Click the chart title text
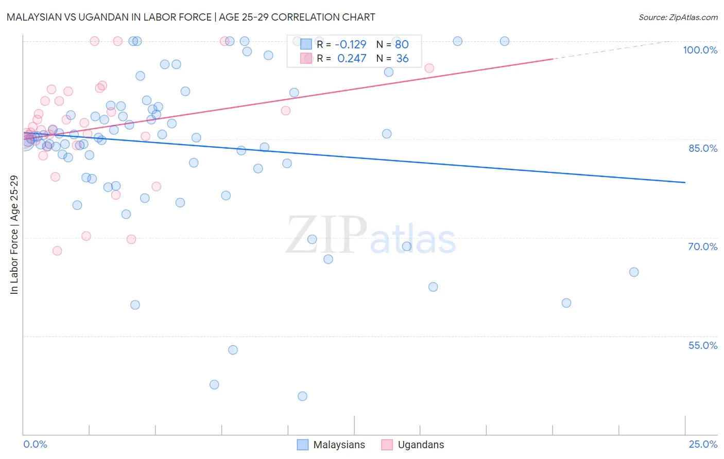pyautogui.click(x=191, y=17)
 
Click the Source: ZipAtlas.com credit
pyautogui.click(x=678, y=17)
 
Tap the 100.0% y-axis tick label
pyautogui.click(x=700, y=50)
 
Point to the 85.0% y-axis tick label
pyautogui.click(x=702, y=148)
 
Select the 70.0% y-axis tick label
pyautogui.click(x=702, y=246)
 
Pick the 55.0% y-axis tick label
pyautogui.click(x=702, y=345)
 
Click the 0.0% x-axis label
pyautogui.click(x=35, y=444)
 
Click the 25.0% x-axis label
pyautogui.click(x=702, y=444)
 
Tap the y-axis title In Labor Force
pyautogui.click(x=14, y=235)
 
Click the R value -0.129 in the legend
pyautogui.click(x=351, y=44)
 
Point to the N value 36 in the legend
pyautogui.click(x=402, y=59)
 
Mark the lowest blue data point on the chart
pyautogui.click(x=302, y=396)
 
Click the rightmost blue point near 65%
pyautogui.click(x=634, y=272)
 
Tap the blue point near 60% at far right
pyautogui.click(x=566, y=303)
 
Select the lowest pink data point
pyautogui.click(x=57, y=251)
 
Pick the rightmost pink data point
pyautogui.click(x=429, y=68)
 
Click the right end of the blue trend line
pyautogui.click(x=685, y=182)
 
